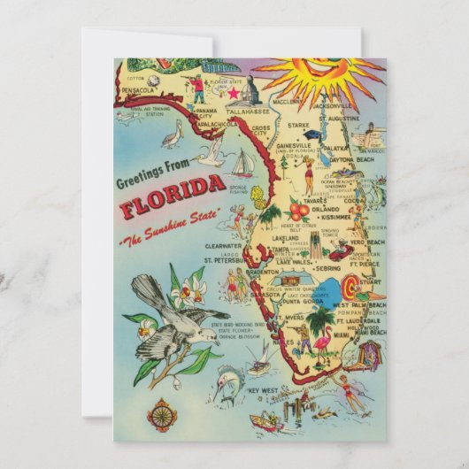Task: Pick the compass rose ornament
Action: [x=162, y=413]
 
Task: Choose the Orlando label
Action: [x=314, y=209]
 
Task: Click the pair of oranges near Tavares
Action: [x=298, y=210]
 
